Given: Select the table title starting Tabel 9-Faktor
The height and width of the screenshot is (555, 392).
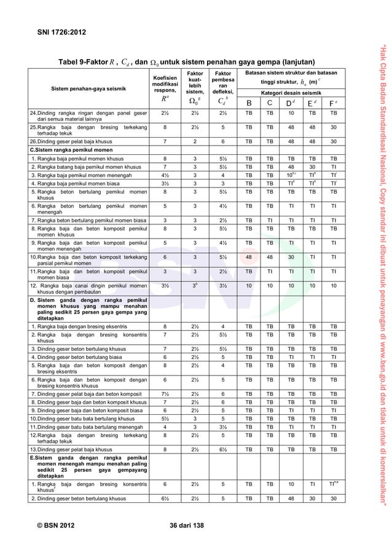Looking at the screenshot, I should [x=187, y=61].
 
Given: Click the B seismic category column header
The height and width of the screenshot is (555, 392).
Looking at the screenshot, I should [x=248, y=103].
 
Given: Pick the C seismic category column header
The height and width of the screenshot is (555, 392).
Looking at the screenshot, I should [x=270, y=103].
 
